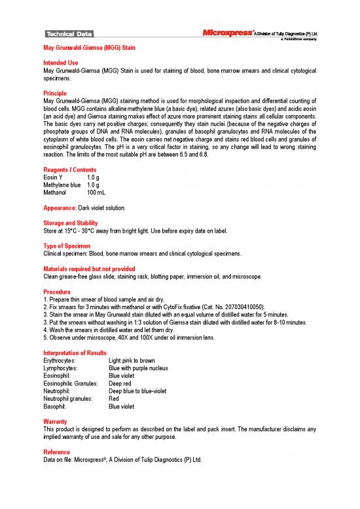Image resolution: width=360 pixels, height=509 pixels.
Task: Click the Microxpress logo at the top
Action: [x=226, y=31]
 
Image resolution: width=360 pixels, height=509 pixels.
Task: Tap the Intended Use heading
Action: [x=60, y=63]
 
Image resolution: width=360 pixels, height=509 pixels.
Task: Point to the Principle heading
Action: [x=56, y=93]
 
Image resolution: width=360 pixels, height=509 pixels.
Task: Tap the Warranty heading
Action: [x=56, y=421]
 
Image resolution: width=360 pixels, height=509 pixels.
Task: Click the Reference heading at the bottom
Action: [x=57, y=452]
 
